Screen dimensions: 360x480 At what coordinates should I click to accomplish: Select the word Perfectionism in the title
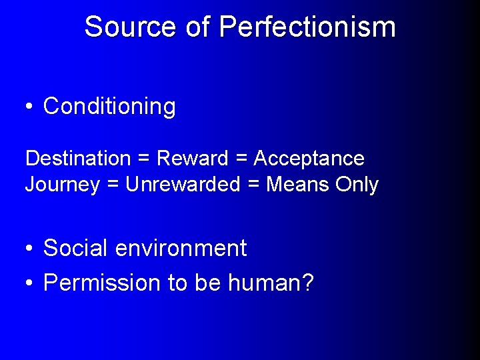[x=307, y=27]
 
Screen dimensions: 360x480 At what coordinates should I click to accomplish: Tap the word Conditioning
[x=109, y=106]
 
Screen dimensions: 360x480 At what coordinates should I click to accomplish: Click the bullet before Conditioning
[x=29, y=107]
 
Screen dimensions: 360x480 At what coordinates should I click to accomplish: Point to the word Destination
[x=78, y=159]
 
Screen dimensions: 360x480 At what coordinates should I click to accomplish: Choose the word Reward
[x=192, y=159]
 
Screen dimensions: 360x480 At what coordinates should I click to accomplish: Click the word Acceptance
[x=309, y=159]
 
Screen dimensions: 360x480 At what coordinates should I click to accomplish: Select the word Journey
[x=62, y=185]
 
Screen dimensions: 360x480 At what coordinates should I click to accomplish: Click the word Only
[x=357, y=185]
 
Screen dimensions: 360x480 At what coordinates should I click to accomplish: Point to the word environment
[x=181, y=249]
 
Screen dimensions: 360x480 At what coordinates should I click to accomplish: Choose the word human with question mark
[x=271, y=283]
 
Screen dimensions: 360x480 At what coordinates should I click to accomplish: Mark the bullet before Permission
[x=29, y=283]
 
